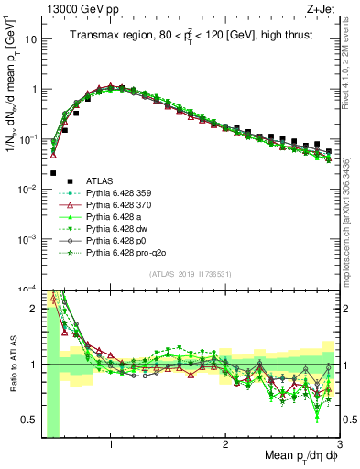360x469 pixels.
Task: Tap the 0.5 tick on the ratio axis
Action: pyautogui.click(x=28, y=420)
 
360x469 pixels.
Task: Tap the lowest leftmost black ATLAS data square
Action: pyautogui.click(x=53, y=172)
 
